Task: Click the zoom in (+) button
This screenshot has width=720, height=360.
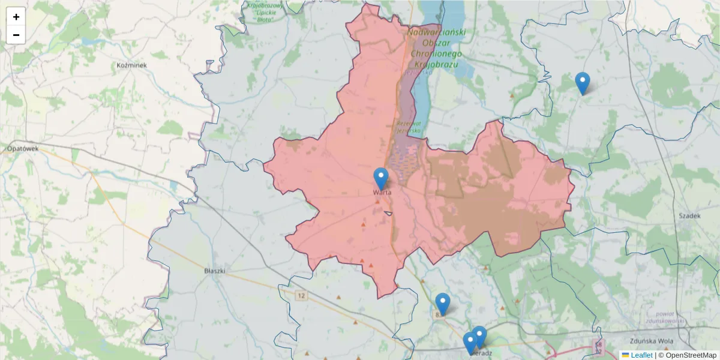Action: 16,17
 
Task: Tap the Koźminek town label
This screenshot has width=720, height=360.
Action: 132,65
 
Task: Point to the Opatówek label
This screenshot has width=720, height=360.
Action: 22,148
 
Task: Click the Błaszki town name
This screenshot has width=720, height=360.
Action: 214,271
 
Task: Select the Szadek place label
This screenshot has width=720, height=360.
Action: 689,215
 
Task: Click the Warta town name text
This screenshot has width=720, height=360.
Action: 382,193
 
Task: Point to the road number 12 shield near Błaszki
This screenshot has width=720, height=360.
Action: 301,295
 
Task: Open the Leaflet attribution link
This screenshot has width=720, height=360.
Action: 641,355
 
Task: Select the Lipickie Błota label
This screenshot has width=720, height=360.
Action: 265,12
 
